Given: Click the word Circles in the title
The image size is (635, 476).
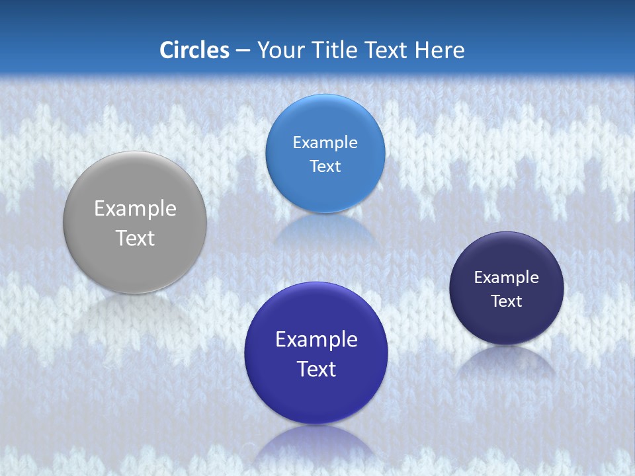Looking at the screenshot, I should click(194, 50).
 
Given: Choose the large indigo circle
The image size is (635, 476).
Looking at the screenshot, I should click(316, 397).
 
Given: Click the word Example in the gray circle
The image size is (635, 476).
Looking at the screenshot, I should click(135, 209).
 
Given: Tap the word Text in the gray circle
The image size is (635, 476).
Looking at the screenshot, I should click(135, 238).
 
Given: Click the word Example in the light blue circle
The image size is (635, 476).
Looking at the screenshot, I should click(325, 143).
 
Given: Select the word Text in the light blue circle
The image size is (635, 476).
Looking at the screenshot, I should click(325, 166).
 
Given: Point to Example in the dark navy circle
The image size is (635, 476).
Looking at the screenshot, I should click(507, 278).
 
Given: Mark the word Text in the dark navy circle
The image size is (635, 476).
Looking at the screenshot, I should click(507, 301).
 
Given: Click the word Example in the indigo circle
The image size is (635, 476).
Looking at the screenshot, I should click(316, 340).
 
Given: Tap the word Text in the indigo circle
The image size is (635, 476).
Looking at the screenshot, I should click(316, 369).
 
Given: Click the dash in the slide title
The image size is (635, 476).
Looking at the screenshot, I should click(242, 50).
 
